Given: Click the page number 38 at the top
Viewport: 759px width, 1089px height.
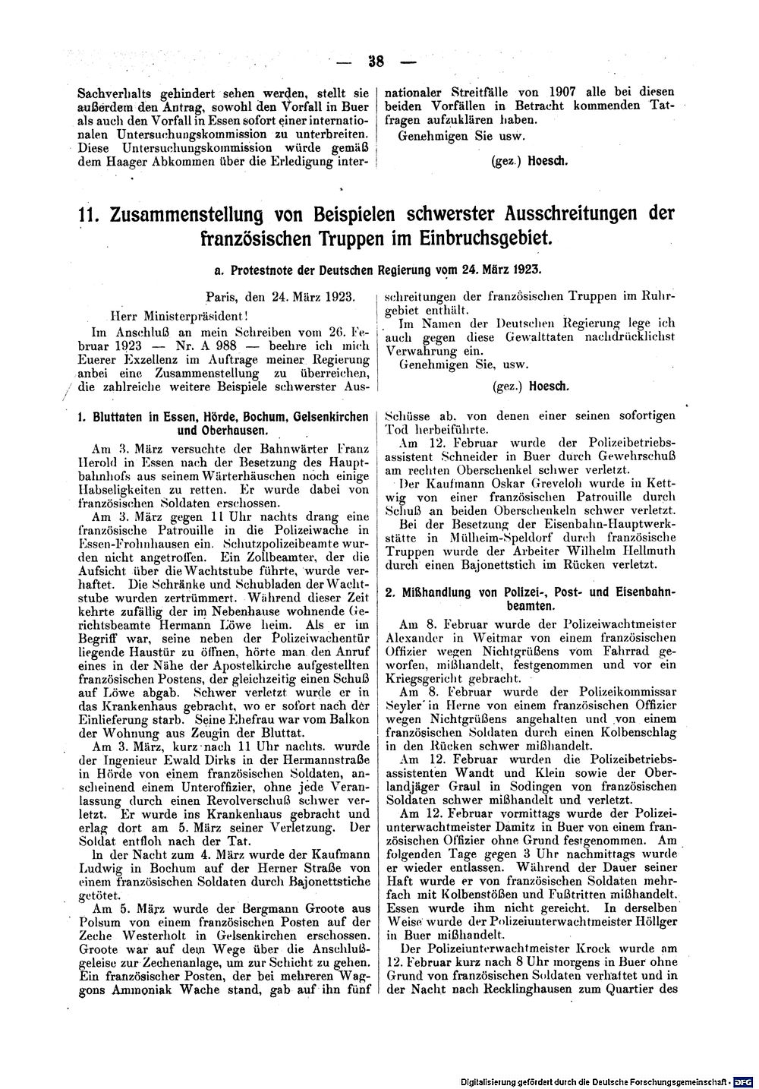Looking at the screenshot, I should click(x=373, y=62).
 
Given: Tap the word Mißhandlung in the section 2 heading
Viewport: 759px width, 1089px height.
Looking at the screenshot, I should click(x=433, y=592).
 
